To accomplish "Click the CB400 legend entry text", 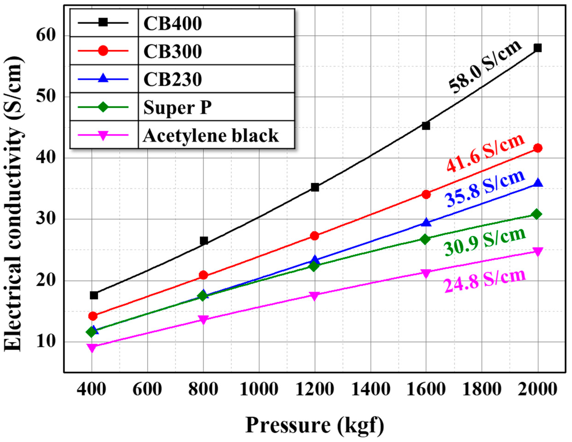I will point(173,24).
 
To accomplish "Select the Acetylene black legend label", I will point(211,135).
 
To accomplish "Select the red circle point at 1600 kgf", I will point(426,194).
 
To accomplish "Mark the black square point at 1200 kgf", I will point(315,187).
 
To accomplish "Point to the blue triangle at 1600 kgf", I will point(426,223).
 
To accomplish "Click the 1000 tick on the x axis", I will point(259,389).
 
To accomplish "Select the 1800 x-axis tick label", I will point(482,389).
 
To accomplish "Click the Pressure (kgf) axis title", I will point(314,425).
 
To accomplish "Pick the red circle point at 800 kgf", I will point(203,275).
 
